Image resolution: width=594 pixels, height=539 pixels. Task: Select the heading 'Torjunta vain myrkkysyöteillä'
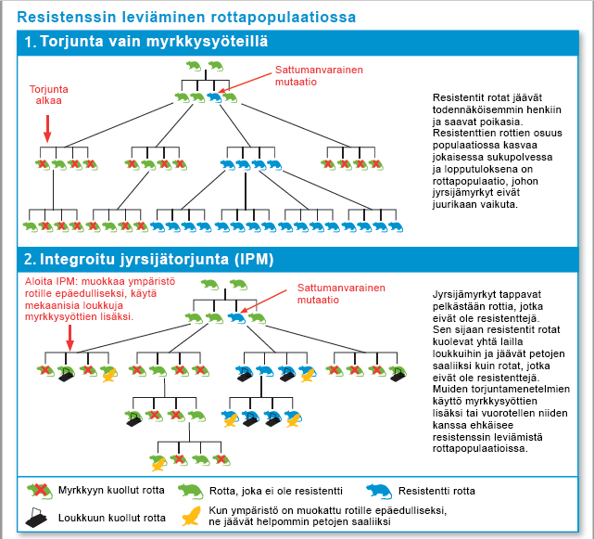point(154,42)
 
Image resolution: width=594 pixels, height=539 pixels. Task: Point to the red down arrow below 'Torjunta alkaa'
point(47,128)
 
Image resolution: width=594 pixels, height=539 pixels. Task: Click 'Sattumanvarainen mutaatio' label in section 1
point(319,75)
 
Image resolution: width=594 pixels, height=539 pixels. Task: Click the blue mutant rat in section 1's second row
point(214,96)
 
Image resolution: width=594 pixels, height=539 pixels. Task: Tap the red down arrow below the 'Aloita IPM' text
point(70,339)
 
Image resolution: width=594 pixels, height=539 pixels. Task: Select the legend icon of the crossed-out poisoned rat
point(38,491)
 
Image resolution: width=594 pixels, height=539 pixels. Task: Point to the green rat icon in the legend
point(191,491)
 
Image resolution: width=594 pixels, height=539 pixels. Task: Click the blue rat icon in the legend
point(380,491)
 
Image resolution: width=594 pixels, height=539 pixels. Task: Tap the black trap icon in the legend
point(38,519)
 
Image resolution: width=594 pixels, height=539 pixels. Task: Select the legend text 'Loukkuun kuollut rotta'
point(112,519)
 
